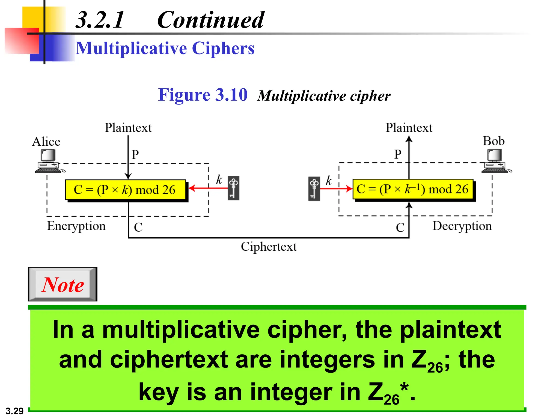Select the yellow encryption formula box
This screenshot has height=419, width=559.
(126, 190)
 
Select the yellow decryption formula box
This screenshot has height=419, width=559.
(413, 189)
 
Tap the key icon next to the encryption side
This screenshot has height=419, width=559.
(233, 188)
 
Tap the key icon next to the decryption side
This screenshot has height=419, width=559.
(314, 188)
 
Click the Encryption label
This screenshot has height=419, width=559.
(76, 226)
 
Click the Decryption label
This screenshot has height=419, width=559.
(462, 226)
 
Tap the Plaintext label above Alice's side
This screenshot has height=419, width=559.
(128, 128)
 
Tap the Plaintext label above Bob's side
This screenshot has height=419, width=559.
(409, 128)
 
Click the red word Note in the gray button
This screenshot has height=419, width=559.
(63, 285)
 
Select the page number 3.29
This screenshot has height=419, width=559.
(14, 411)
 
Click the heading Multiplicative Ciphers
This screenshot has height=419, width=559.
(165, 49)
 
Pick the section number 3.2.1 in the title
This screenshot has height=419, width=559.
(100, 20)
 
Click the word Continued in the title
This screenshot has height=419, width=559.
(210, 20)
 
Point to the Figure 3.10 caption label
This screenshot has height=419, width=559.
(203, 95)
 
